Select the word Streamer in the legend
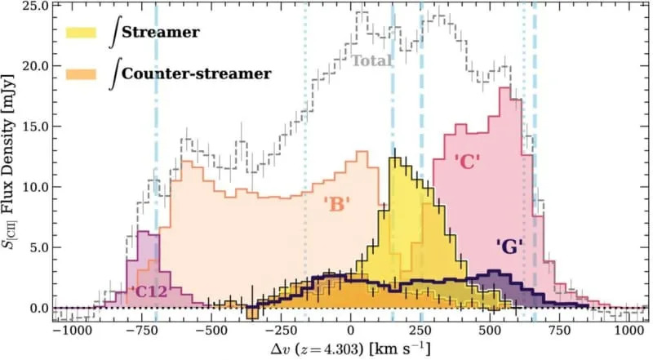coord(161,32)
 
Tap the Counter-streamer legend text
coord(196,73)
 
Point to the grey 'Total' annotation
coord(372,60)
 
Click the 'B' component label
coord(338,204)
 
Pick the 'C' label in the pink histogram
coord(468,162)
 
